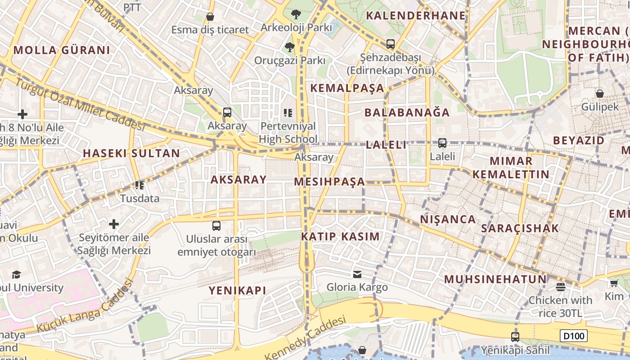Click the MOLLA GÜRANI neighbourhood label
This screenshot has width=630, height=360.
pos(62,50)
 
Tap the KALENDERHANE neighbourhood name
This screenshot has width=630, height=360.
pos(415,15)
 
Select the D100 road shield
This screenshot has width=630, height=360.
pos(574,336)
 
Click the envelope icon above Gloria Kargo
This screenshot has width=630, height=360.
pos(357,274)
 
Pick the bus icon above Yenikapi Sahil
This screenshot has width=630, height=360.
pos(515,337)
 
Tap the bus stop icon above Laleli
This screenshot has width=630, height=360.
pos(442,143)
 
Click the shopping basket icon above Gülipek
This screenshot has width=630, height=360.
pos(600,94)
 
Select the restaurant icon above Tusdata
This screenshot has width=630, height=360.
pos(139,185)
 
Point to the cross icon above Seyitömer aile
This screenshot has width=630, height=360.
pos(114,224)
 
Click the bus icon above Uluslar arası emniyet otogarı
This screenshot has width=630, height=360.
pos(216,225)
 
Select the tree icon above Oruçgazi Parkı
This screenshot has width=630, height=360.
pos(289,47)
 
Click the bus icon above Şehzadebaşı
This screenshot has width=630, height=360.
pos(390,44)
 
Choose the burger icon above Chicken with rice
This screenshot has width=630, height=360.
pos(560,287)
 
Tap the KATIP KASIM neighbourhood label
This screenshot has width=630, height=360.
pos(340,237)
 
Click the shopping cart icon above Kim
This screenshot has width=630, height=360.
pos(614,283)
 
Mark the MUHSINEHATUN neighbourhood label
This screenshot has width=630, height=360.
pos(495,279)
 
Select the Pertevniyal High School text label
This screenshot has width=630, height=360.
pos(288,132)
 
